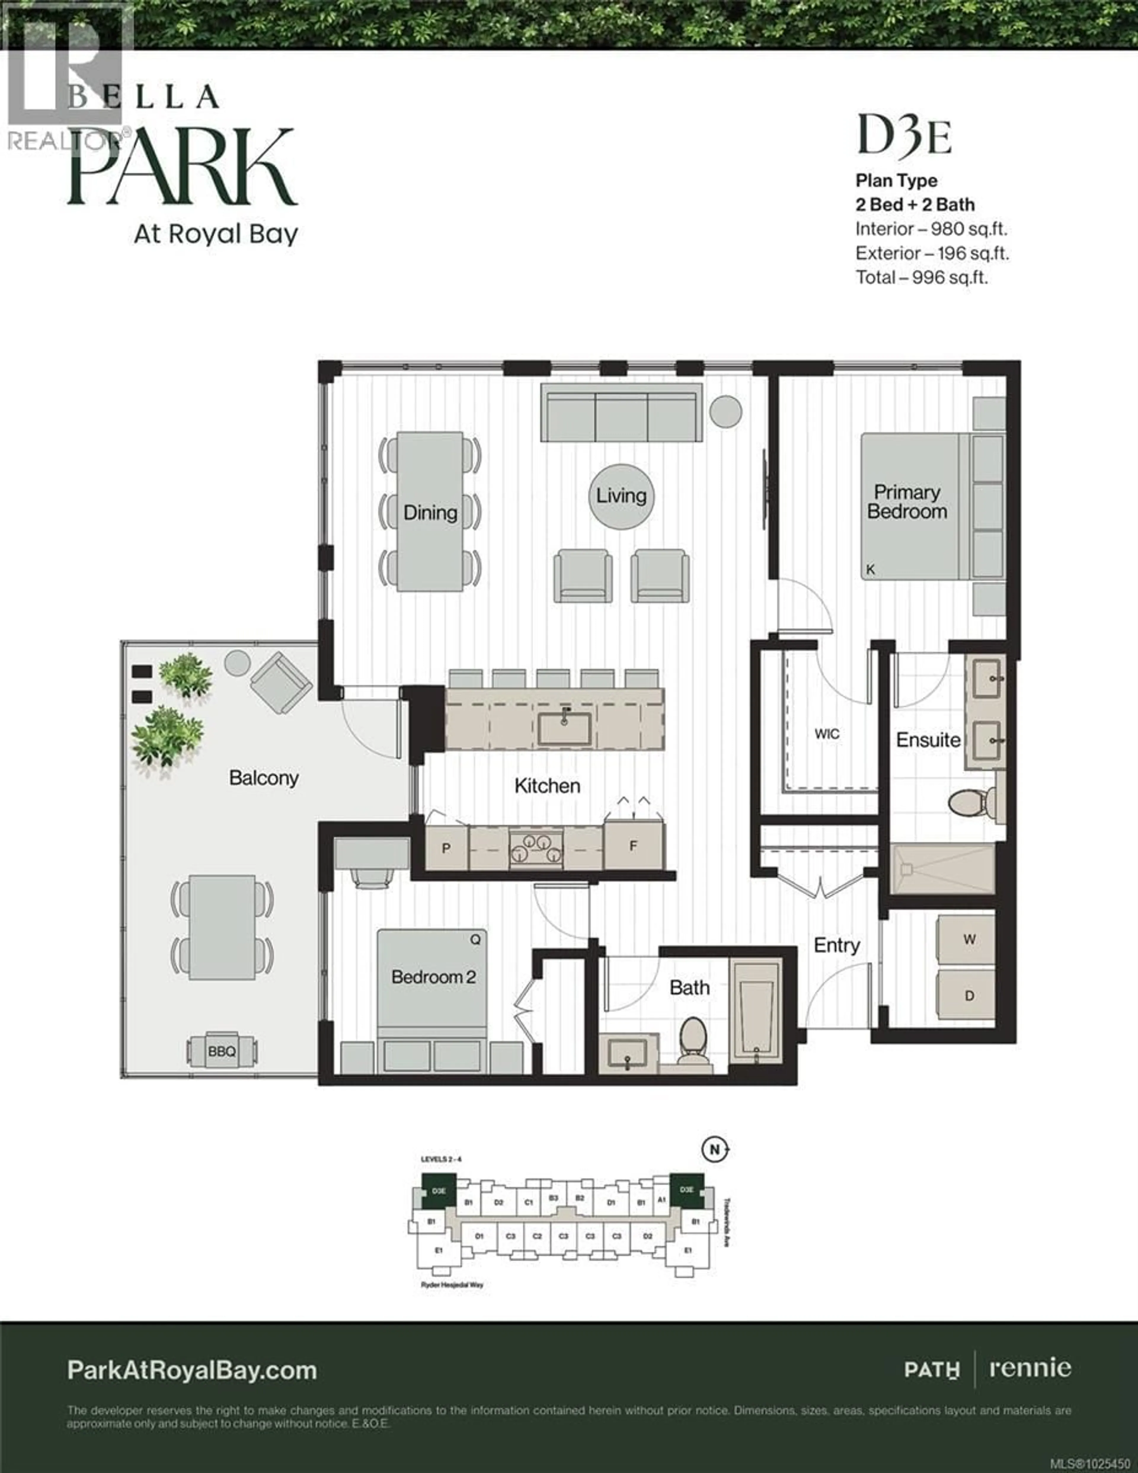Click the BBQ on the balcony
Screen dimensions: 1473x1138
(222, 1051)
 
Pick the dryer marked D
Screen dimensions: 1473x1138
(969, 996)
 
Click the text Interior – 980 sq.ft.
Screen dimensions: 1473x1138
(931, 229)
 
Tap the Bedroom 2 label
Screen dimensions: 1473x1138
(433, 977)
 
